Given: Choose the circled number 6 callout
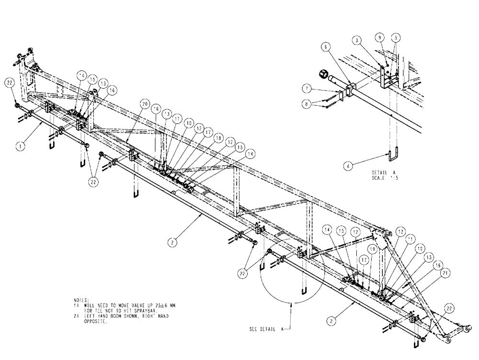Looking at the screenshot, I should pos(325,46).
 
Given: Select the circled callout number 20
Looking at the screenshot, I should pos(144,103).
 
